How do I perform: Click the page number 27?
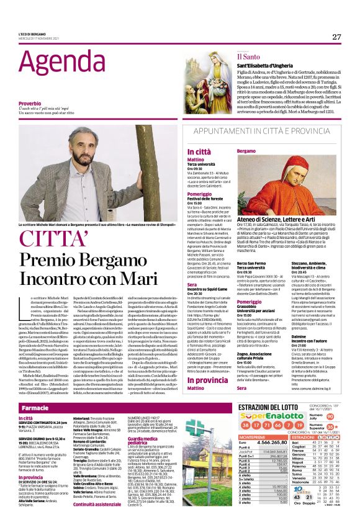336,37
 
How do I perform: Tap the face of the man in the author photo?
82,143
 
